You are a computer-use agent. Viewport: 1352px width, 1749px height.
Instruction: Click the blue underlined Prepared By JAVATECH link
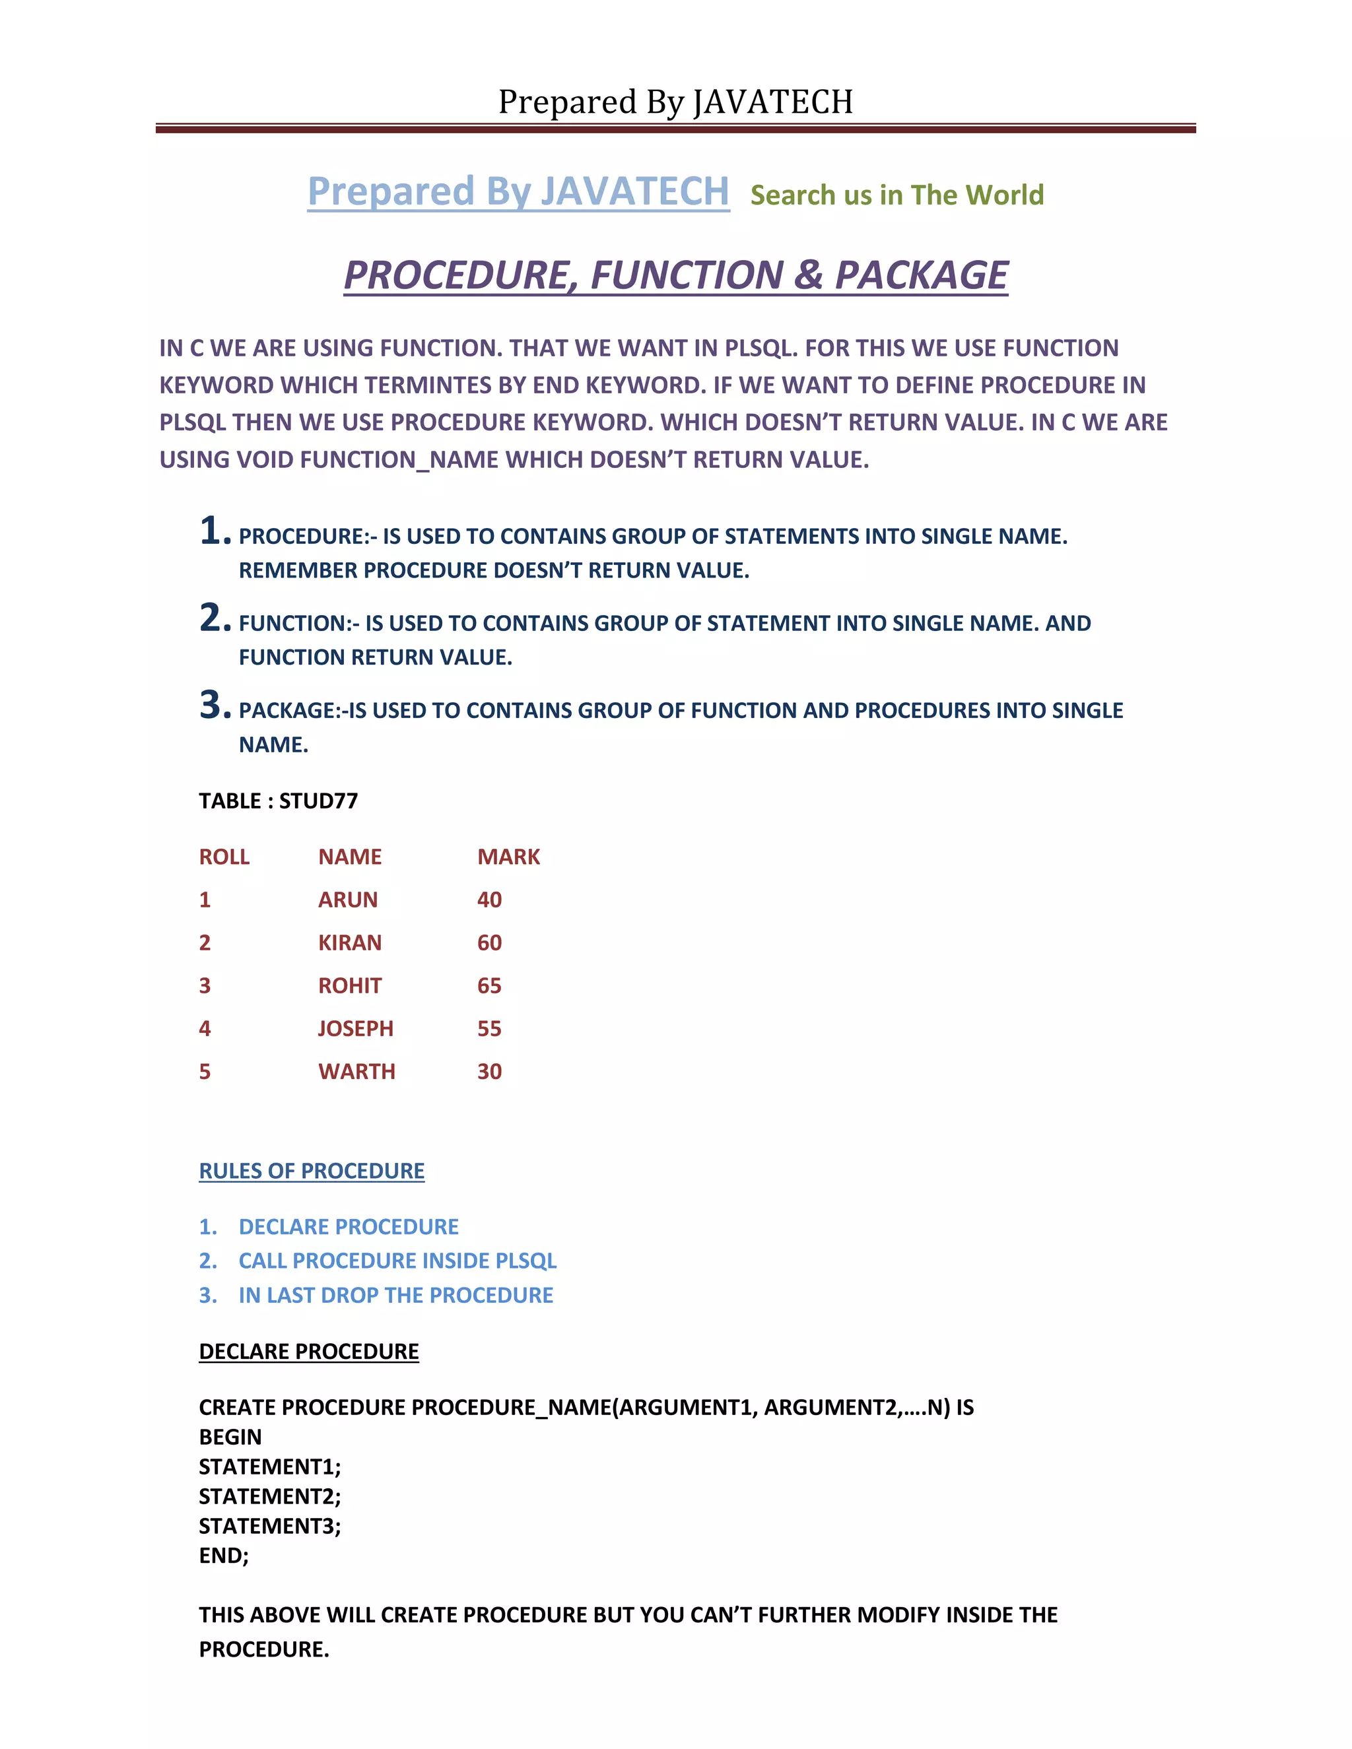(518, 192)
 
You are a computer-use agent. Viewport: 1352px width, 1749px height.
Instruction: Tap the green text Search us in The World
(896, 195)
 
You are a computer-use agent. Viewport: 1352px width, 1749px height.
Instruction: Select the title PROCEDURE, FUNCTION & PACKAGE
(675, 275)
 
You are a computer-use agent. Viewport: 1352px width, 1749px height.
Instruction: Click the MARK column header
(508, 857)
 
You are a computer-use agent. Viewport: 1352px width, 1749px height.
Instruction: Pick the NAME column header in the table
(349, 857)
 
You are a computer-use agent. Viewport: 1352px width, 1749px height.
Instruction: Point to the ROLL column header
(224, 857)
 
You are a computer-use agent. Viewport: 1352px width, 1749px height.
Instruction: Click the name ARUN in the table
(348, 900)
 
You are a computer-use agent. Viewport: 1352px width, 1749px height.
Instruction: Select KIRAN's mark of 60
(489, 942)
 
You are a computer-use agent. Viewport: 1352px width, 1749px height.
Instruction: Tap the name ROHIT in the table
(349, 986)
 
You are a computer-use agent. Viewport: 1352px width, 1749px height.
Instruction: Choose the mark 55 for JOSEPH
(489, 1029)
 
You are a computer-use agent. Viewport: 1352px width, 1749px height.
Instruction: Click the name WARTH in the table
(356, 1071)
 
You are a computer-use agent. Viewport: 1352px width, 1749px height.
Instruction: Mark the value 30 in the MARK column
(489, 1071)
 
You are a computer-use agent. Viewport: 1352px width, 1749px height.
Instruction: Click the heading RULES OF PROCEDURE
(312, 1171)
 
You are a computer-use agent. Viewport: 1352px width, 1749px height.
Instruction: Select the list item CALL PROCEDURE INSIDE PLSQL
(397, 1261)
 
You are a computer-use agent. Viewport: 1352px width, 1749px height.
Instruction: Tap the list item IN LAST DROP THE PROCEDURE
(395, 1295)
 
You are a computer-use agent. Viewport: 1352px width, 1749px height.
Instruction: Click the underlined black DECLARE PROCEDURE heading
(308, 1351)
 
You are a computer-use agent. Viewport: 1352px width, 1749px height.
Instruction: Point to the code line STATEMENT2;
(270, 1496)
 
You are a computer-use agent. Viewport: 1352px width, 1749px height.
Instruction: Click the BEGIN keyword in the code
(230, 1437)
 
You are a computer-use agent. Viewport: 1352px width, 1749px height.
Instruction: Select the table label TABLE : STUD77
(278, 801)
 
